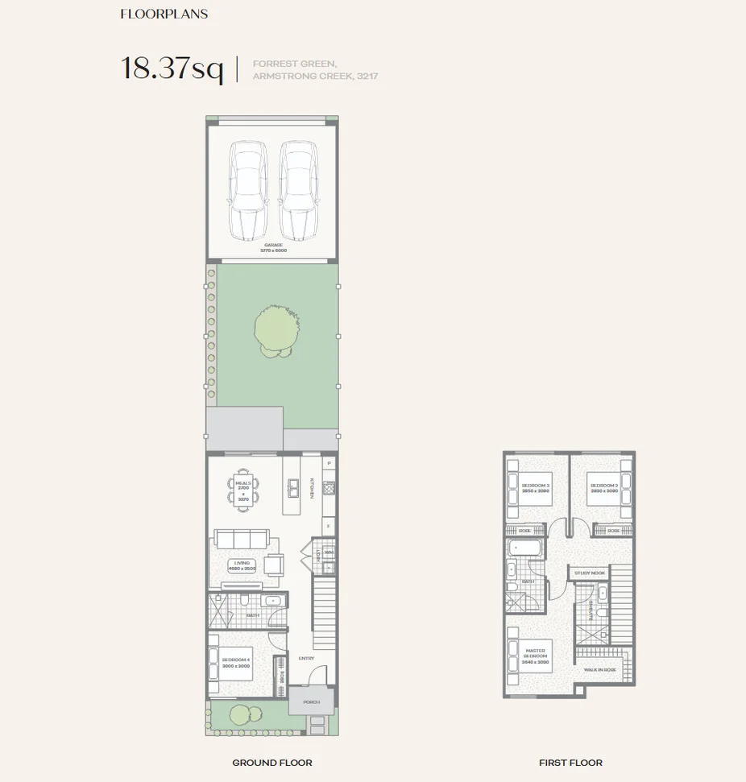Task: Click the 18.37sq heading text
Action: (x=172, y=68)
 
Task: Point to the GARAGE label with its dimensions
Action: (x=272, y=247)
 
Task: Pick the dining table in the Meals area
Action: (x=243, y=488)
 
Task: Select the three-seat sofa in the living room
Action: (x=240, y=538)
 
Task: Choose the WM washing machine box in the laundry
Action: (x=328, y=552)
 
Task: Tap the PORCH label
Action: (x=311, y=701)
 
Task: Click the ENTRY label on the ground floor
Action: (x=305, y=658)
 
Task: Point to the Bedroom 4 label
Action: (x=235, y=662)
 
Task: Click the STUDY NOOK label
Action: (x=589, y=573)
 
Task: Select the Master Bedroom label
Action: (x=536, y=653)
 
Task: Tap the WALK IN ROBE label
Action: (x=600, y=669)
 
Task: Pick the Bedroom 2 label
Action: (x=604, y=488)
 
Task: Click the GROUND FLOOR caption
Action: (x=272, y=762)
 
